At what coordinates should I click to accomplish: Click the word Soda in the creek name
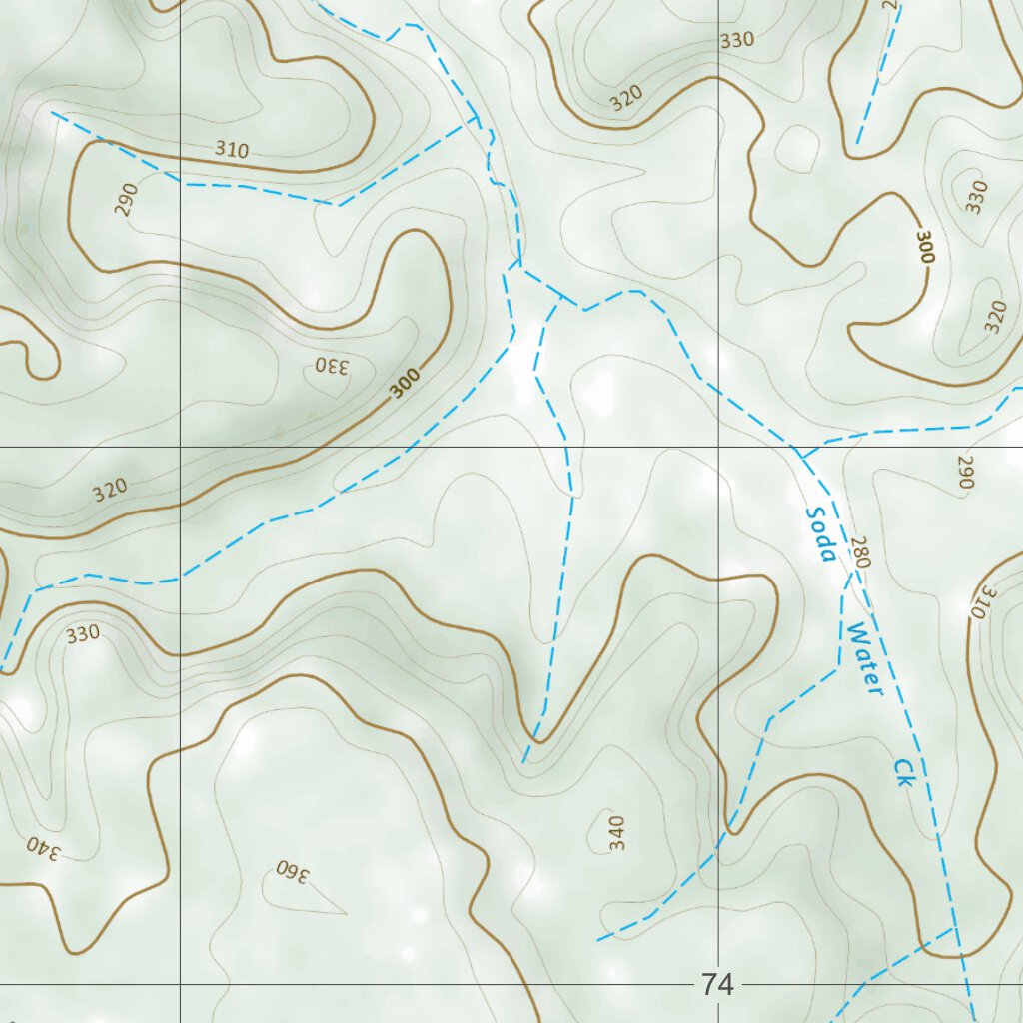tap(819, 534)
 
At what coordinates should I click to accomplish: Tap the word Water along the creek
tap(863, 659)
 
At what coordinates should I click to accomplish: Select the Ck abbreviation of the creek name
tap(903, 771)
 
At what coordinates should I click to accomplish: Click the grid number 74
tap(717, 985)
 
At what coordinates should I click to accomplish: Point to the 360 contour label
tap(293, 870)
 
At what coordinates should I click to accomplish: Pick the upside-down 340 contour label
tap(43, 849)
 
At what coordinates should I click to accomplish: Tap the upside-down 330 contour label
tap(332, 366)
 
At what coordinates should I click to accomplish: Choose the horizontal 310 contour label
tap(231, 151)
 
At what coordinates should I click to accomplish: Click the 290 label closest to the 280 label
tap(964, 472)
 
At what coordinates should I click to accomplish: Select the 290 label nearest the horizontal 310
tap(126, 200)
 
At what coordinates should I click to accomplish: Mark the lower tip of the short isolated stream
tap(857, 143)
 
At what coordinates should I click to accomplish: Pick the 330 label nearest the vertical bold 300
tap(977, 195)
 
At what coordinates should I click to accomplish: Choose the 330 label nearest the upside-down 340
tap(83, 633)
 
